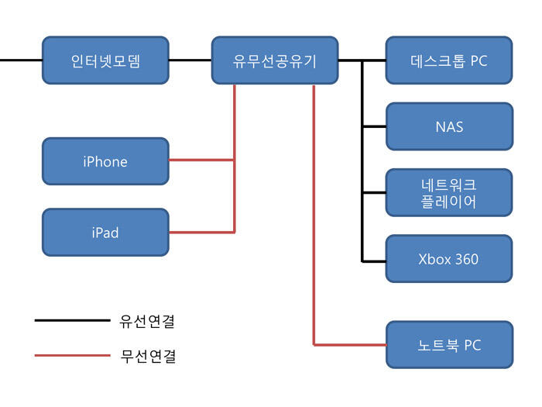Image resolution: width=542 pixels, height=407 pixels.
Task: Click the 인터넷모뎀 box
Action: click(x=105, y=60)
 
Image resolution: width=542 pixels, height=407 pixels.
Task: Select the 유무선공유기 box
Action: click(x=275, y=60)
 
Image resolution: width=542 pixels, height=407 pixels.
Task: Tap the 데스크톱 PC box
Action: click(x=449, y=60)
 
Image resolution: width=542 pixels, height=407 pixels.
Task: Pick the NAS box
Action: click(x=449, y=126)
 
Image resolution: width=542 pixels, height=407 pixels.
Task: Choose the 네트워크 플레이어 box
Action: click(x=449, y=193)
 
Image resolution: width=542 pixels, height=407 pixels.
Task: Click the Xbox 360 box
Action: click(x=449, y=259)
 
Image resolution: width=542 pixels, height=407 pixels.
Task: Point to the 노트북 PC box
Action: click(x=449, y=345)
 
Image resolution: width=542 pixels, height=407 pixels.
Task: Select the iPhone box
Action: click(x=105, y=161)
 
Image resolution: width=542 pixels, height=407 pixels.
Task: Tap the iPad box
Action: click(x=105, y=232)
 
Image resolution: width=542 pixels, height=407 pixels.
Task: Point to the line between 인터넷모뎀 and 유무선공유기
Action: click(x=190, y=60)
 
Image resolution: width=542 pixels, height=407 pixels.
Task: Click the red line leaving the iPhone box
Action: click(x=201, y=160)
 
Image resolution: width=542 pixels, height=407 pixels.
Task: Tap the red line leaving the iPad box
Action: click(x=201, y=232)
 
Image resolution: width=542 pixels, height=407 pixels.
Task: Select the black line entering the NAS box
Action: click(x=374, y=126)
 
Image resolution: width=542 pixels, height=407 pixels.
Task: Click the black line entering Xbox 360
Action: click(x=374, y=260)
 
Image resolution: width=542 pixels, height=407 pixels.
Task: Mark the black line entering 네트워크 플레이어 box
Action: click(x=374, y=193)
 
